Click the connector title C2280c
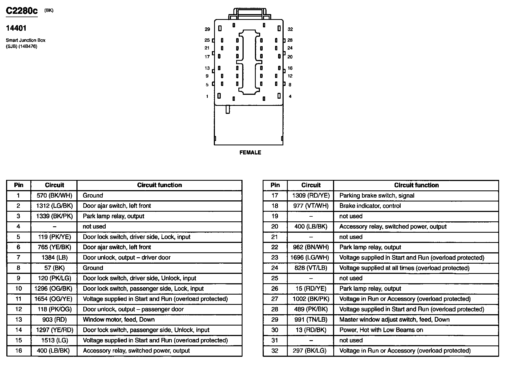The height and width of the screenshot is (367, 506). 22,11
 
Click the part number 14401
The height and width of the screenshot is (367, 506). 16,28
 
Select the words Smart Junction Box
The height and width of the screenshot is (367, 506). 26,40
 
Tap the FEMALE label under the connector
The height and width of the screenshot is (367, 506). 250,153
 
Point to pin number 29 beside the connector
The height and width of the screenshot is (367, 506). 207,29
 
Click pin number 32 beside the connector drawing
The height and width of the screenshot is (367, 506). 290,29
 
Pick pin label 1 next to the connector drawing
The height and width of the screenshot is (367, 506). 207,96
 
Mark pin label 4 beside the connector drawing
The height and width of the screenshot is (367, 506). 290,96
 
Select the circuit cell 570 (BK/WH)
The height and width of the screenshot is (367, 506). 54,196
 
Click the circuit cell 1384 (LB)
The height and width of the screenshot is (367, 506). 54,258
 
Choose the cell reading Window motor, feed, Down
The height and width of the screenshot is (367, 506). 119,320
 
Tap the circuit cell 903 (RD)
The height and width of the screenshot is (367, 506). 54,320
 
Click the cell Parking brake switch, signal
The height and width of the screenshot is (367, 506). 377,196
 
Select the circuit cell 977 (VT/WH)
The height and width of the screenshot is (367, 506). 311,206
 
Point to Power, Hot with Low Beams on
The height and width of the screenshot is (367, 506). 381,330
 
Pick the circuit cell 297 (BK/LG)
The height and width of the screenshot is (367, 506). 311,351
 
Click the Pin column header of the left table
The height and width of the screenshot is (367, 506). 18,185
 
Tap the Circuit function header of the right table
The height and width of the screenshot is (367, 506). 416,185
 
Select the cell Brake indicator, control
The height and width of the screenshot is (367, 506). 370,206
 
